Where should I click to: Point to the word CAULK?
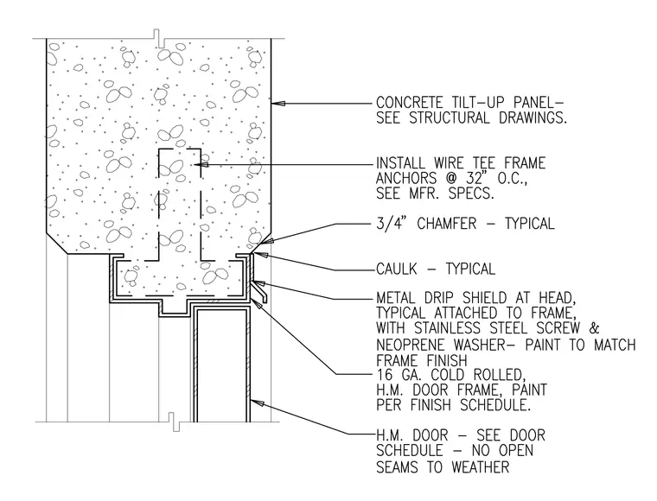[397, 269]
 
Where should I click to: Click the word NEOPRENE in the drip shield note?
[410, 345]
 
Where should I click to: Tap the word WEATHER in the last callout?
[480, 466]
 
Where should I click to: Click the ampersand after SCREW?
[594, 327]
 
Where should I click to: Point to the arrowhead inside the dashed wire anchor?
[203, 164]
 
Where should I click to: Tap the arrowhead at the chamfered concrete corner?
[267, 241]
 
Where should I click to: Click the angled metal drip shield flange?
[260, 291]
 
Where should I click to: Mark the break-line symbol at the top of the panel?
[159, 38]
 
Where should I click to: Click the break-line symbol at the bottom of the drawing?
[173, 422]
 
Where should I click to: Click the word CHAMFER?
[447, 224]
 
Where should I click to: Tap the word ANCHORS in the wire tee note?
[400, 178]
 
